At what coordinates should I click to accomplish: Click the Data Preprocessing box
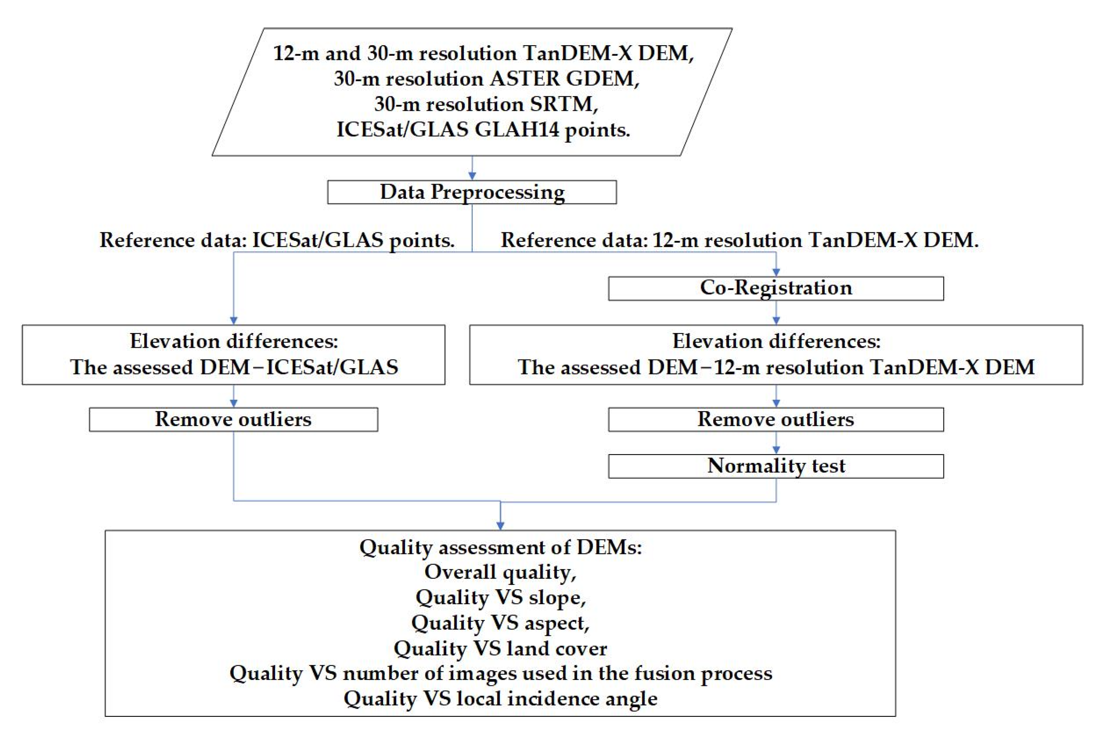coord(472,192)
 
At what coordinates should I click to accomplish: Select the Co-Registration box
coord(776,288)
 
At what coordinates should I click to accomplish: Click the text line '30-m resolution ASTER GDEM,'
coord(487,79)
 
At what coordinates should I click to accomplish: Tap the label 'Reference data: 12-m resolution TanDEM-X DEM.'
coord(739,240)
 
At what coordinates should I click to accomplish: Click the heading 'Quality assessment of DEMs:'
coord(500,547)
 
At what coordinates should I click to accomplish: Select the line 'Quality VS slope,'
coord(500,598)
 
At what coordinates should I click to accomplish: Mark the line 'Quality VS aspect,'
coord(500,623)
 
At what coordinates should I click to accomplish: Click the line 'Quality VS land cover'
coord(500,649)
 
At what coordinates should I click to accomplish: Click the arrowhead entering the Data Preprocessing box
coord(472,176)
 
